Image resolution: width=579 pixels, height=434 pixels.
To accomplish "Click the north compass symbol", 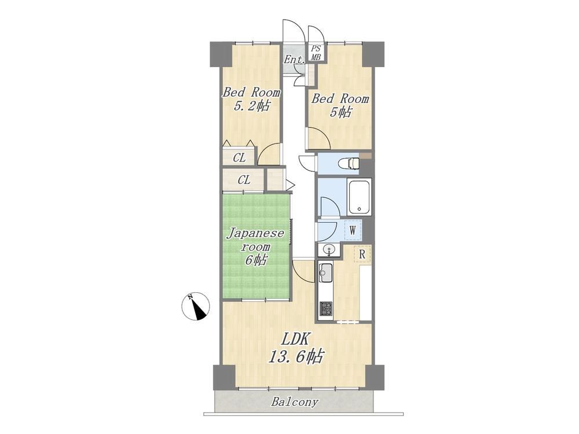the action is click(x=196, y=306).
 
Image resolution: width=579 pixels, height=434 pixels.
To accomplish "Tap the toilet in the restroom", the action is click(x=351, y=163).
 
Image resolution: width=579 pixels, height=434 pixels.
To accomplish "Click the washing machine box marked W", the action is click(x=353, y=231).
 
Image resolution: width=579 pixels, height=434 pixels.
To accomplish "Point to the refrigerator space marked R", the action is click(x=362, y=254).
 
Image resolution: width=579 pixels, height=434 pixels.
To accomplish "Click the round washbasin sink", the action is click(x=328, y=250).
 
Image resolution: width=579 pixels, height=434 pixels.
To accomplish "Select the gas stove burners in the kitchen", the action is click(x=325, y=308).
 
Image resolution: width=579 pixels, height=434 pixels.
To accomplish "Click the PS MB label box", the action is click(x=316, y=53).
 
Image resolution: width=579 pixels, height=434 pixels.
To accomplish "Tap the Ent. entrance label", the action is click(x=294, y=60).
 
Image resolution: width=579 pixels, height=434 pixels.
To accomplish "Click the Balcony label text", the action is click(x=294, y=402).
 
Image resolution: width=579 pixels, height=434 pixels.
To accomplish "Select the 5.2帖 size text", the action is click(x=251, y=106).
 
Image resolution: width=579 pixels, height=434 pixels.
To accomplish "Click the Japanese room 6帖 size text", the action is click(x=255, y=260).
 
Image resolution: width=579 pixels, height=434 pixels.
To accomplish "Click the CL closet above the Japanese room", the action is click(x=244, y=180).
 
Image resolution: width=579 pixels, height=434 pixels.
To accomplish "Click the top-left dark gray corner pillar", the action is click(x=221, y=54).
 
